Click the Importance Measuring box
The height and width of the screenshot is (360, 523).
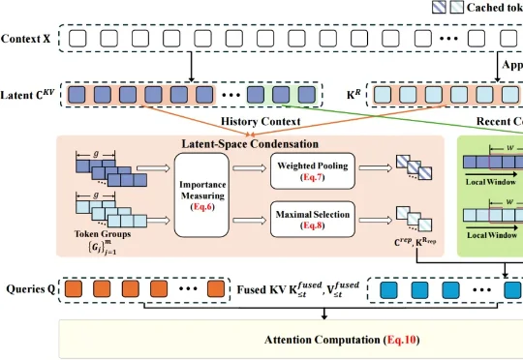206,193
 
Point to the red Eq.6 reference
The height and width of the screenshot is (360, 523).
206,206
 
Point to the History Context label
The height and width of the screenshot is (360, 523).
261,121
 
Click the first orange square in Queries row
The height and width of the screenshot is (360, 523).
76,288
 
